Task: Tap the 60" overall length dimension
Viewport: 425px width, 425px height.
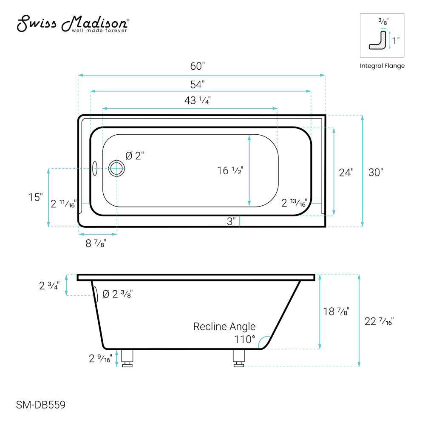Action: coord(198,66)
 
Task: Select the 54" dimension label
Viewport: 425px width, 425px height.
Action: coord(198,84)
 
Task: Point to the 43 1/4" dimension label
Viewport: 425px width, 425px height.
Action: coord(197,101)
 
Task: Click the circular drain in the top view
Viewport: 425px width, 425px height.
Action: coord(116,169)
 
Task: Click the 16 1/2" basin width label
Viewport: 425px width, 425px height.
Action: coord(230,171)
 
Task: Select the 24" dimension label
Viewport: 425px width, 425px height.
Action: coord(346,173)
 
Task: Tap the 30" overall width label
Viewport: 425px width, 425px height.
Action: coord(375,173)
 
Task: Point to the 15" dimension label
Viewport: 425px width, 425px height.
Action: coord(36,197)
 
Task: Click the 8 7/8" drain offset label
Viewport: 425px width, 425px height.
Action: coord(96,244)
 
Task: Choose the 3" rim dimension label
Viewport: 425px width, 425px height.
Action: coord(231,221)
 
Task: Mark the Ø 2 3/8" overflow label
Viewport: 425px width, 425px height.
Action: coord(117,294)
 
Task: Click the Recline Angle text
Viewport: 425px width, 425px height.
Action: coord(224,326)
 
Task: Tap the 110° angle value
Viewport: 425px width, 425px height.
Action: coord(245,340)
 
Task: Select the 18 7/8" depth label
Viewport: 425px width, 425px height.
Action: coord(336,311)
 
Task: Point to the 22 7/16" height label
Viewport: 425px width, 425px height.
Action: coord(379,321)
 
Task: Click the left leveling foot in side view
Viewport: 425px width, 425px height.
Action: coord(127,358)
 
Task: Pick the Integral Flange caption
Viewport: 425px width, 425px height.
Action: coord(382,66)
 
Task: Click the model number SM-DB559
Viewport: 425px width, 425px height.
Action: coord(41,405)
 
